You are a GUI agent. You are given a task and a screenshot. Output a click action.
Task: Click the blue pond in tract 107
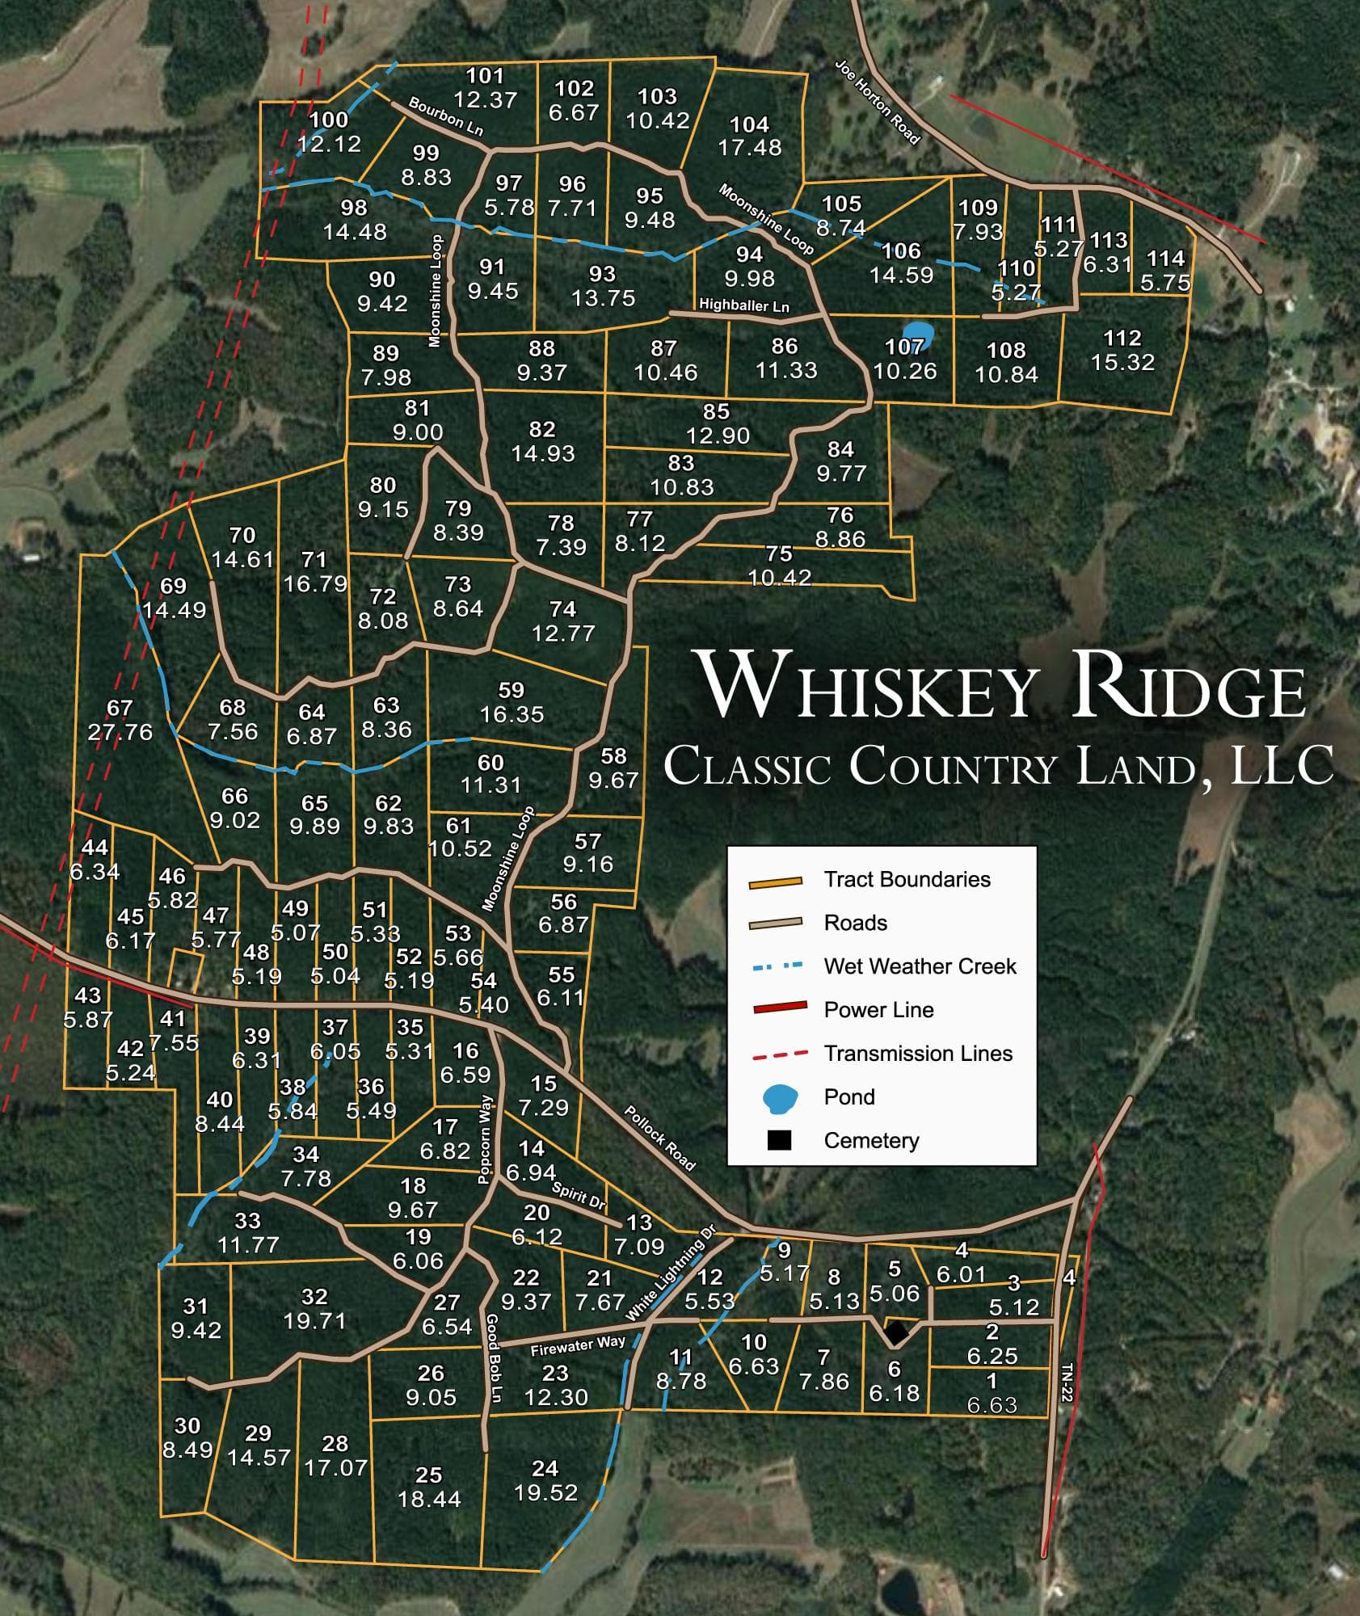(917, 333)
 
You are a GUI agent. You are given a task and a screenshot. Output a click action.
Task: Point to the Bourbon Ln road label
(446, 117)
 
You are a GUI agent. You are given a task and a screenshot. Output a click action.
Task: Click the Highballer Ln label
(743, 305)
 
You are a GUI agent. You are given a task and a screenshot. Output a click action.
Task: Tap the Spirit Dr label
(579, 1195)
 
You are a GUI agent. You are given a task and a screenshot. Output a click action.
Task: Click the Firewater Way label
(578, 1345)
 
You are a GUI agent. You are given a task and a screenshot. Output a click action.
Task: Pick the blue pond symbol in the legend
(780, 1097)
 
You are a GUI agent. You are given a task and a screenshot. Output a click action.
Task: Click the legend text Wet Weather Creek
(920, 966)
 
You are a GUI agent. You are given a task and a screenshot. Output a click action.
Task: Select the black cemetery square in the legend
(779, 1140)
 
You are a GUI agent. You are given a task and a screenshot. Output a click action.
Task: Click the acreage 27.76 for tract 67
(120, 732)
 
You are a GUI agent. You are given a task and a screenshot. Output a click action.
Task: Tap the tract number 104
(749, 124)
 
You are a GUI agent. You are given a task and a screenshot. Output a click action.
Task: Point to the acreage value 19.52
(545, 1492)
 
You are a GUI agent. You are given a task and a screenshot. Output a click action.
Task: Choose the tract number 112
(1122, 338)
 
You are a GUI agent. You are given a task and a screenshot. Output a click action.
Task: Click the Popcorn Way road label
(485, 1139)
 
